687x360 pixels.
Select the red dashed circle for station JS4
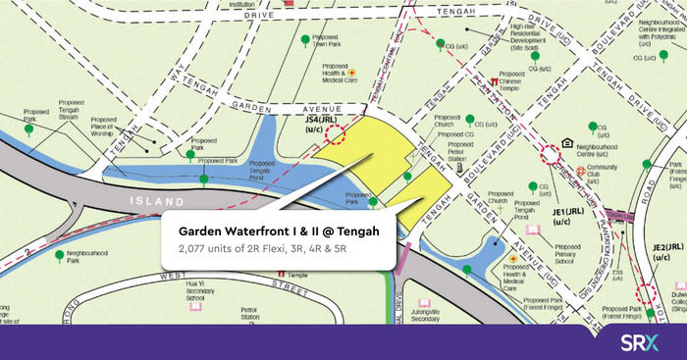coord(337,134)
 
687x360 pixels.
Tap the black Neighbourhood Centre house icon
coord(566,142)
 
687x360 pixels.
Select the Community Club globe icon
coord(581,171)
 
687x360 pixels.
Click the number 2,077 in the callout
coord(193,251)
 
